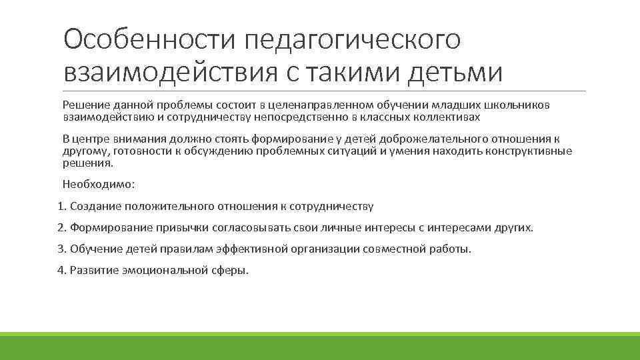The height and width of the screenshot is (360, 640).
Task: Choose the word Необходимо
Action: tap(97, 184)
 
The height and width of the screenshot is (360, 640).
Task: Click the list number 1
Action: tap(61, 206)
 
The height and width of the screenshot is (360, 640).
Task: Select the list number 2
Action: tap(61, 227)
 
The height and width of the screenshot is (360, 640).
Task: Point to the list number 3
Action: tap(61, 249)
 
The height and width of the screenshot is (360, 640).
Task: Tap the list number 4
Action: tap(61, 270)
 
